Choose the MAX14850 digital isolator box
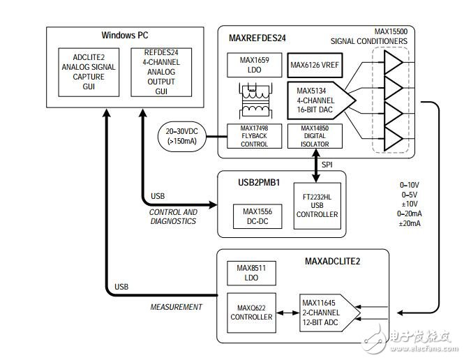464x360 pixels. pos(314,137)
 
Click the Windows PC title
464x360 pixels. pos(125,35)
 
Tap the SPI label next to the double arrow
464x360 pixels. pos(326,165)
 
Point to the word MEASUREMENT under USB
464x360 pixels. pos(177,307)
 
